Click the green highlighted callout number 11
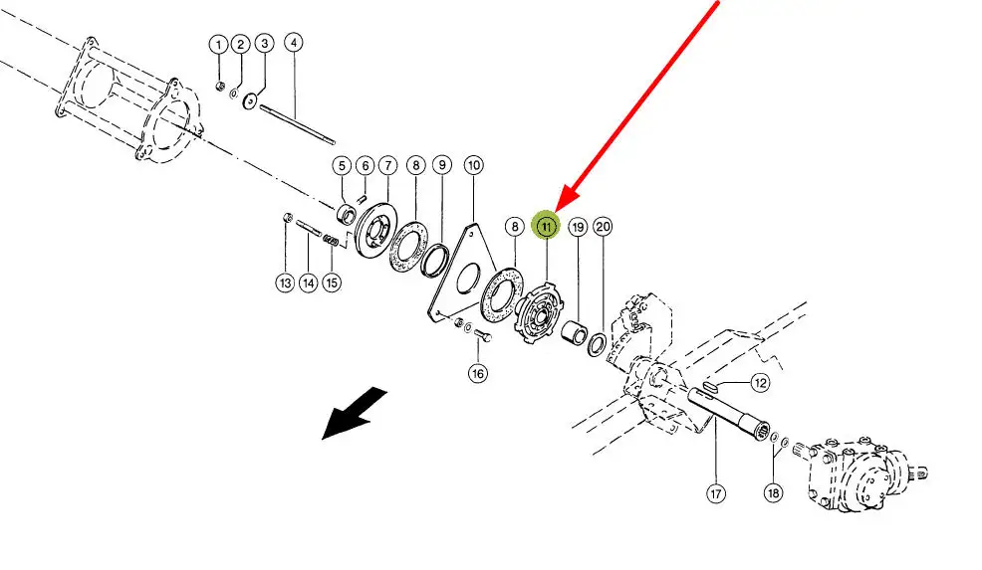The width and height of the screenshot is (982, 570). [547, 226]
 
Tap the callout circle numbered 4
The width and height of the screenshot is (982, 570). [294, 43]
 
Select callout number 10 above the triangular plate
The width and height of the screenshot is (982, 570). [473, 165]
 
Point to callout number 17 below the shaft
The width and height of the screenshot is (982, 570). [716, 493]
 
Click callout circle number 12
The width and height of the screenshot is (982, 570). [760, 382]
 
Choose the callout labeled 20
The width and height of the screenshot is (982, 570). [603, 227]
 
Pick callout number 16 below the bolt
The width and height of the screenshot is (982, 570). [478, 374]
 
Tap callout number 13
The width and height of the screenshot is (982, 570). [286, 283]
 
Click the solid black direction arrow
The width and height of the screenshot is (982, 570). [354, 413]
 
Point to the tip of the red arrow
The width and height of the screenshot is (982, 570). [556, 210]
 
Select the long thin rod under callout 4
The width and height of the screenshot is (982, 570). [297, 124]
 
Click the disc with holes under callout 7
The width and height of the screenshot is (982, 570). [375, 229]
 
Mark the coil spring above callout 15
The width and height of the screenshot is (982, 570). [331, 240]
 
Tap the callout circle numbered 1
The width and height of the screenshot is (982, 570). [218, 45]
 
